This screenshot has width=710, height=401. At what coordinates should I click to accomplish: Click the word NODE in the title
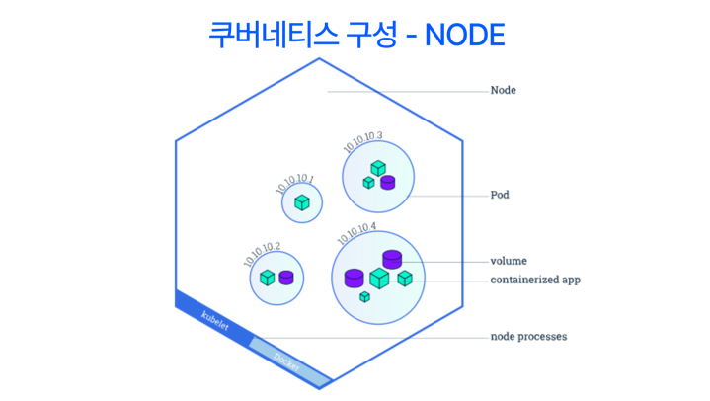[x=464, y=35]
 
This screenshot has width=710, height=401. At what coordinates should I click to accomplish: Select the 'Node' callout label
[x=503, y=91]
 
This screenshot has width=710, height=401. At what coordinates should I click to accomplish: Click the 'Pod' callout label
[x=500, y=196]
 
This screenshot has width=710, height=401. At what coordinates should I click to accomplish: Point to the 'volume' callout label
[x=510, y=262]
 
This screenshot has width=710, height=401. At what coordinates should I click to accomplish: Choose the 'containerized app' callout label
[x=535, y=280]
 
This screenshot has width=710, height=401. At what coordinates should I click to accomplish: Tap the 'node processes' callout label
[x=528, y=337]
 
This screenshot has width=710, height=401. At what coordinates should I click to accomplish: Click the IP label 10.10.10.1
[x=294, y=183]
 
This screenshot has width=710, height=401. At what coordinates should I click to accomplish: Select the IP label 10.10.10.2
[x=263, y=253]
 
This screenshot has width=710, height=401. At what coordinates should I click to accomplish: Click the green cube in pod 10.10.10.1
[x=302, y=203]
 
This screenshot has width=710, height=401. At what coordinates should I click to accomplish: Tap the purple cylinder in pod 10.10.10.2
[x=286, y=278]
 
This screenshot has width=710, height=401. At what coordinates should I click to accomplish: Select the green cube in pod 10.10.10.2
[x=267, y=278]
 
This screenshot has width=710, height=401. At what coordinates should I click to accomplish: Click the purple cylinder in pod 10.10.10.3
[x=388, y=182]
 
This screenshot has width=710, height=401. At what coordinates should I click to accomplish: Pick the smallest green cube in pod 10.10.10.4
[x=364, y=296]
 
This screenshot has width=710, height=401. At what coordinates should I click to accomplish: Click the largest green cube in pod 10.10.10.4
[x=379, y=279]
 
